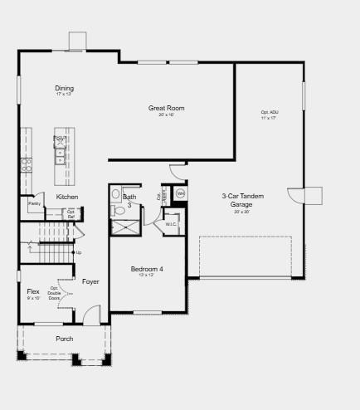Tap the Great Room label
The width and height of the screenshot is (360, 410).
coord(166,109)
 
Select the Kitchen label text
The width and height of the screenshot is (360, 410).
coord(67,197)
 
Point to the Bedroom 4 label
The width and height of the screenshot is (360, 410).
coord(147,270)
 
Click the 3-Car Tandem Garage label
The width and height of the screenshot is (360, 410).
coord(242,200)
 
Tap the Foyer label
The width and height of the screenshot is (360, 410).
coord(90,281)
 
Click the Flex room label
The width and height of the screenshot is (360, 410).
coord(33,292)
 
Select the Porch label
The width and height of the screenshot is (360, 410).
coord(64,339)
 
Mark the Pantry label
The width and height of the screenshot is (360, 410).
coord(35,203)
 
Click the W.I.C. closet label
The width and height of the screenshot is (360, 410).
coord(171,224)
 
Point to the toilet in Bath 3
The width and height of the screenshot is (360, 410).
coord(119,211)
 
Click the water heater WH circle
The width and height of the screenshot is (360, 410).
coord(181,193)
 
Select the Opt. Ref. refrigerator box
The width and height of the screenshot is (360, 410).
coord(71,212)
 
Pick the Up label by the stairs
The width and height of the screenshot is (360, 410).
coord(79,252)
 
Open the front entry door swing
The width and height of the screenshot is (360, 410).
coord(91,315)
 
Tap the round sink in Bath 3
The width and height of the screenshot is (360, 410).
coord(115,195)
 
